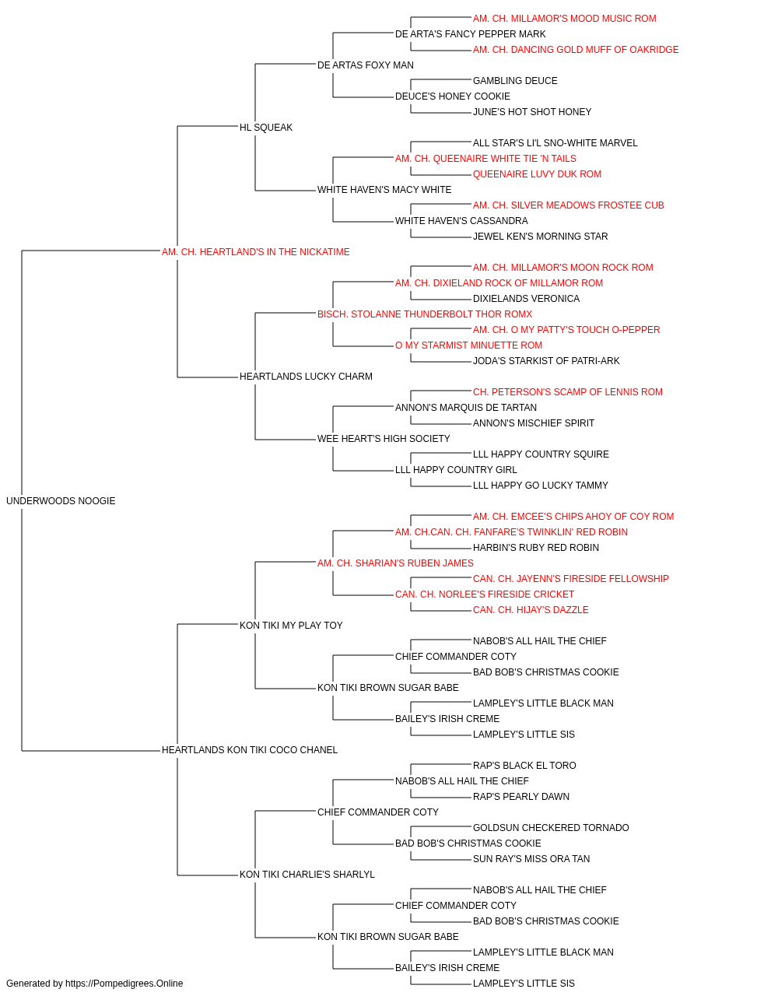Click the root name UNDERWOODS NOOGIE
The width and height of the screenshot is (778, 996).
pyautogui.click(x=61, y=501)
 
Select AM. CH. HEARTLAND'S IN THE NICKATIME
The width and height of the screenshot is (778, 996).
pyautogui.click(x=256, y=252)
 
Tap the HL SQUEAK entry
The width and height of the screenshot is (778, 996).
pyautogui.click(x=266, y=128)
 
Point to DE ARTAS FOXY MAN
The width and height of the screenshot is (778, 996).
pyautogui.click(x=365, y=65)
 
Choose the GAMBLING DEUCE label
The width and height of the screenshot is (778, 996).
pyautogui.click(x=515, y=81)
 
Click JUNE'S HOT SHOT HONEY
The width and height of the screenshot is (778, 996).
pyautogui.click(x=532, y=112)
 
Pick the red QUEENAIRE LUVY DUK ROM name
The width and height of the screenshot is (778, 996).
pyautogui.click(x=537, y=174)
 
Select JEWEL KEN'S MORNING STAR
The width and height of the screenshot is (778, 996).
pyautogui.click(x=540, y=237)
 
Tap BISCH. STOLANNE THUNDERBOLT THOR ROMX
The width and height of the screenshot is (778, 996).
pyautogui.click(x=425, y=314)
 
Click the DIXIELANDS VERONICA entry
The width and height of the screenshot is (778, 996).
pyautogui.click(x=526, y=299)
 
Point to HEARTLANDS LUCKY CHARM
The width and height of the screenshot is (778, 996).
pyautogui.click(x=306, y=377)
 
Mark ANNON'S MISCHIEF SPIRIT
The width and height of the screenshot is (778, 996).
pyautogui.click(x=534, y=423)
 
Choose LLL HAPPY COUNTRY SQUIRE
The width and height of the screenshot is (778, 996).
pyautogui.click(x=541, y=454)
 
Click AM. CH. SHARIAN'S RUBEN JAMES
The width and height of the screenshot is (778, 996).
pyautogui.click(x=395, y=563)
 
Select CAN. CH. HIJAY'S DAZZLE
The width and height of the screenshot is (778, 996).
pyautogui.click(x=531, y=610)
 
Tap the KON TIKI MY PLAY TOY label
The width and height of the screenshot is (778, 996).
pyautogui.click(x=291, y=626)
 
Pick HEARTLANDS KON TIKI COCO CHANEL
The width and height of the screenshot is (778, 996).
pyautogui.click(x=249, y=750)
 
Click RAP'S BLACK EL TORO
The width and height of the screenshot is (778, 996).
pyautogui.click(x=524, y=766)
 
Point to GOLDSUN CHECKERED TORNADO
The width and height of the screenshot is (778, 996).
pyautogui.click(x=551, y=828)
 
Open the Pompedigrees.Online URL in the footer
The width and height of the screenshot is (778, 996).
pyautogui.click(x=124, y=984)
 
